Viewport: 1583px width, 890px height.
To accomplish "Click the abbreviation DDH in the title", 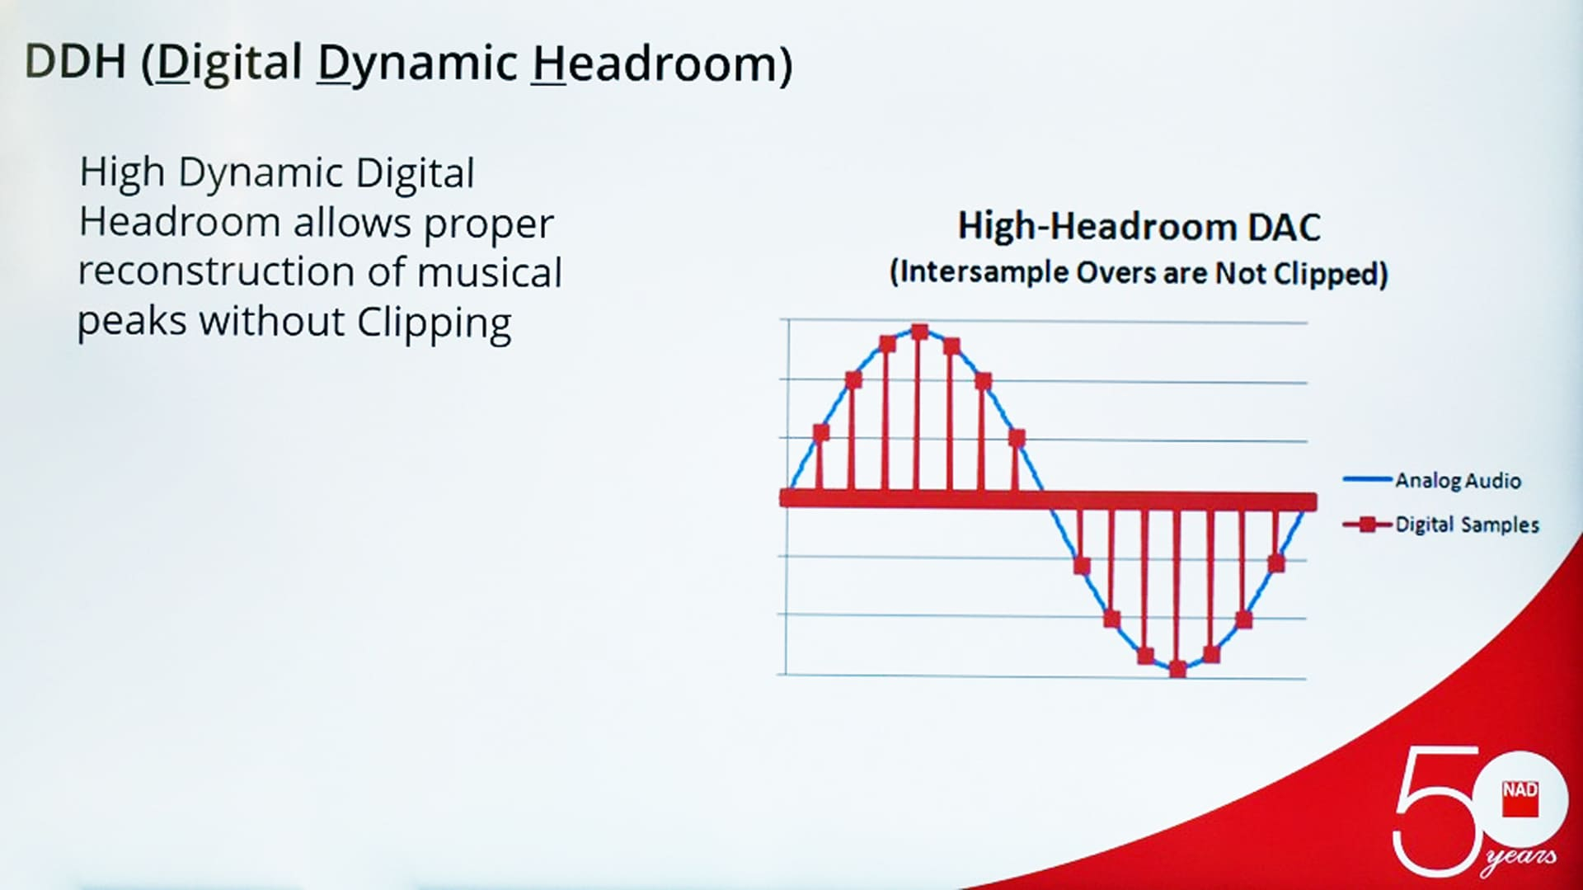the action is pyautogui.click(x=76, y=61).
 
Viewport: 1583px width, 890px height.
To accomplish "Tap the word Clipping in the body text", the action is pyautogui.click(x=434, y=323).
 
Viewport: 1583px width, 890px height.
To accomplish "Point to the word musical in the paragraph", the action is pyautogui.click(x=490, y=271).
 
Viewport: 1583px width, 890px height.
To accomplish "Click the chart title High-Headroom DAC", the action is pyautogui.click(x=1139, y=227).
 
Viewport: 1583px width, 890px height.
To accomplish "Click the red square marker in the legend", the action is pyautogui.click(x=1368, y=525).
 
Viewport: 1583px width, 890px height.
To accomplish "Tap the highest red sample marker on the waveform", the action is pyautogui.click(x=920, y=332).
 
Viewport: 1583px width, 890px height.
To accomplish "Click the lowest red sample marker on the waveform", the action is pyautogui.click(x=1178, y=669).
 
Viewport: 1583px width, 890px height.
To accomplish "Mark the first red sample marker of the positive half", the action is pyautogui.click(x=821, y=432).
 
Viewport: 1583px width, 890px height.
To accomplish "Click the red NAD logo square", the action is pyautogui.click(x=1520, y=798).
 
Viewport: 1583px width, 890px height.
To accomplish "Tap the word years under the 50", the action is pyautogui.click(x=1520, y=858).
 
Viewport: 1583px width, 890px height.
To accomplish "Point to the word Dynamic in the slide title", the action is pyautogui.click(x=417, y=64).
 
